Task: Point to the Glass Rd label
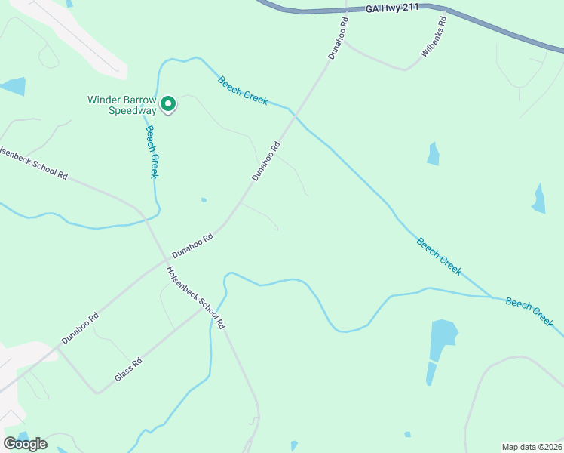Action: [128, 369]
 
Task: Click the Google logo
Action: [25, 443]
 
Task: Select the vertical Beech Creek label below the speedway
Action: [152, 151]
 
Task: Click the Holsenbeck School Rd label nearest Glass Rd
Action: [196, 298]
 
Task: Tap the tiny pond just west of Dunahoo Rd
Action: [204, 200]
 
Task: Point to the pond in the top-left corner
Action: [13, 87]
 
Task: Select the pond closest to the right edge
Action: [538, 199]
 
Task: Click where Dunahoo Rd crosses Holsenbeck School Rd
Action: [164, 261]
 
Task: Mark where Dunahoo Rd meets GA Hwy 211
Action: [345, 11]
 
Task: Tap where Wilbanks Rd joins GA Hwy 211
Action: [445, 10]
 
